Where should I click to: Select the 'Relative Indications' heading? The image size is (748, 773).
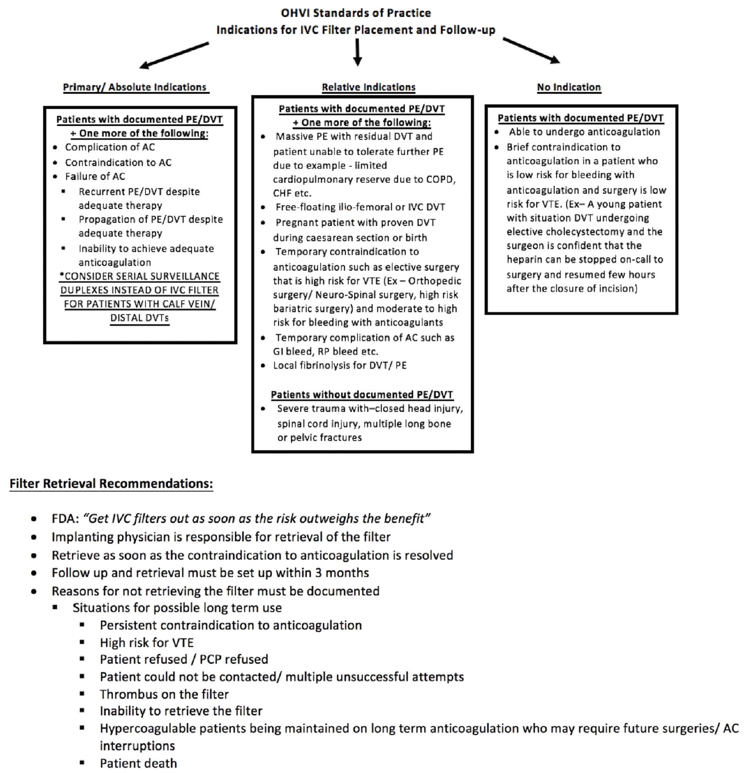tap(368, 87)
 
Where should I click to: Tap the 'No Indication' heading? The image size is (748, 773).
tap(569, 87)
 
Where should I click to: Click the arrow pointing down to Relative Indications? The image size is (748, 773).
tap(358, 52)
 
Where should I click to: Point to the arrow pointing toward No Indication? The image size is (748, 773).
tap(531, 50)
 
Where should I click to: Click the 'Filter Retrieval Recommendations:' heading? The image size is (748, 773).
tap(111, 483)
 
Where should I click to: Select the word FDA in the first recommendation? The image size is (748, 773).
tap(64, 518)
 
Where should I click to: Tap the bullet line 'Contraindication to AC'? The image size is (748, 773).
tap(118, 162)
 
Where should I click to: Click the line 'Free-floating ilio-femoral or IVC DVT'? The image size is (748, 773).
tap(360, 207)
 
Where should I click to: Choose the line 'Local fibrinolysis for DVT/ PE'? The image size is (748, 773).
tap(340, 365)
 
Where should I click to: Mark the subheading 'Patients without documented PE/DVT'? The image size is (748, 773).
tap(362, 395)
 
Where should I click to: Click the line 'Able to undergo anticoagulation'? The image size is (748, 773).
tap(584, 132)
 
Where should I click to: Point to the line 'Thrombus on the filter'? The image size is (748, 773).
tap(164, 694)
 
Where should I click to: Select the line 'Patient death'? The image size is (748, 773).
tap(138, 763)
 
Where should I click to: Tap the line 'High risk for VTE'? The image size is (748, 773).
tap(146, 643)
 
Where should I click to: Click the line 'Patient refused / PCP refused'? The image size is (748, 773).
tap(184, 659)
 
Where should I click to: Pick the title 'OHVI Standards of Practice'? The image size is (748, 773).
tap(356, 13)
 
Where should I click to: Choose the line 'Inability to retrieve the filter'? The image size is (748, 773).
tap(181, 711)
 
